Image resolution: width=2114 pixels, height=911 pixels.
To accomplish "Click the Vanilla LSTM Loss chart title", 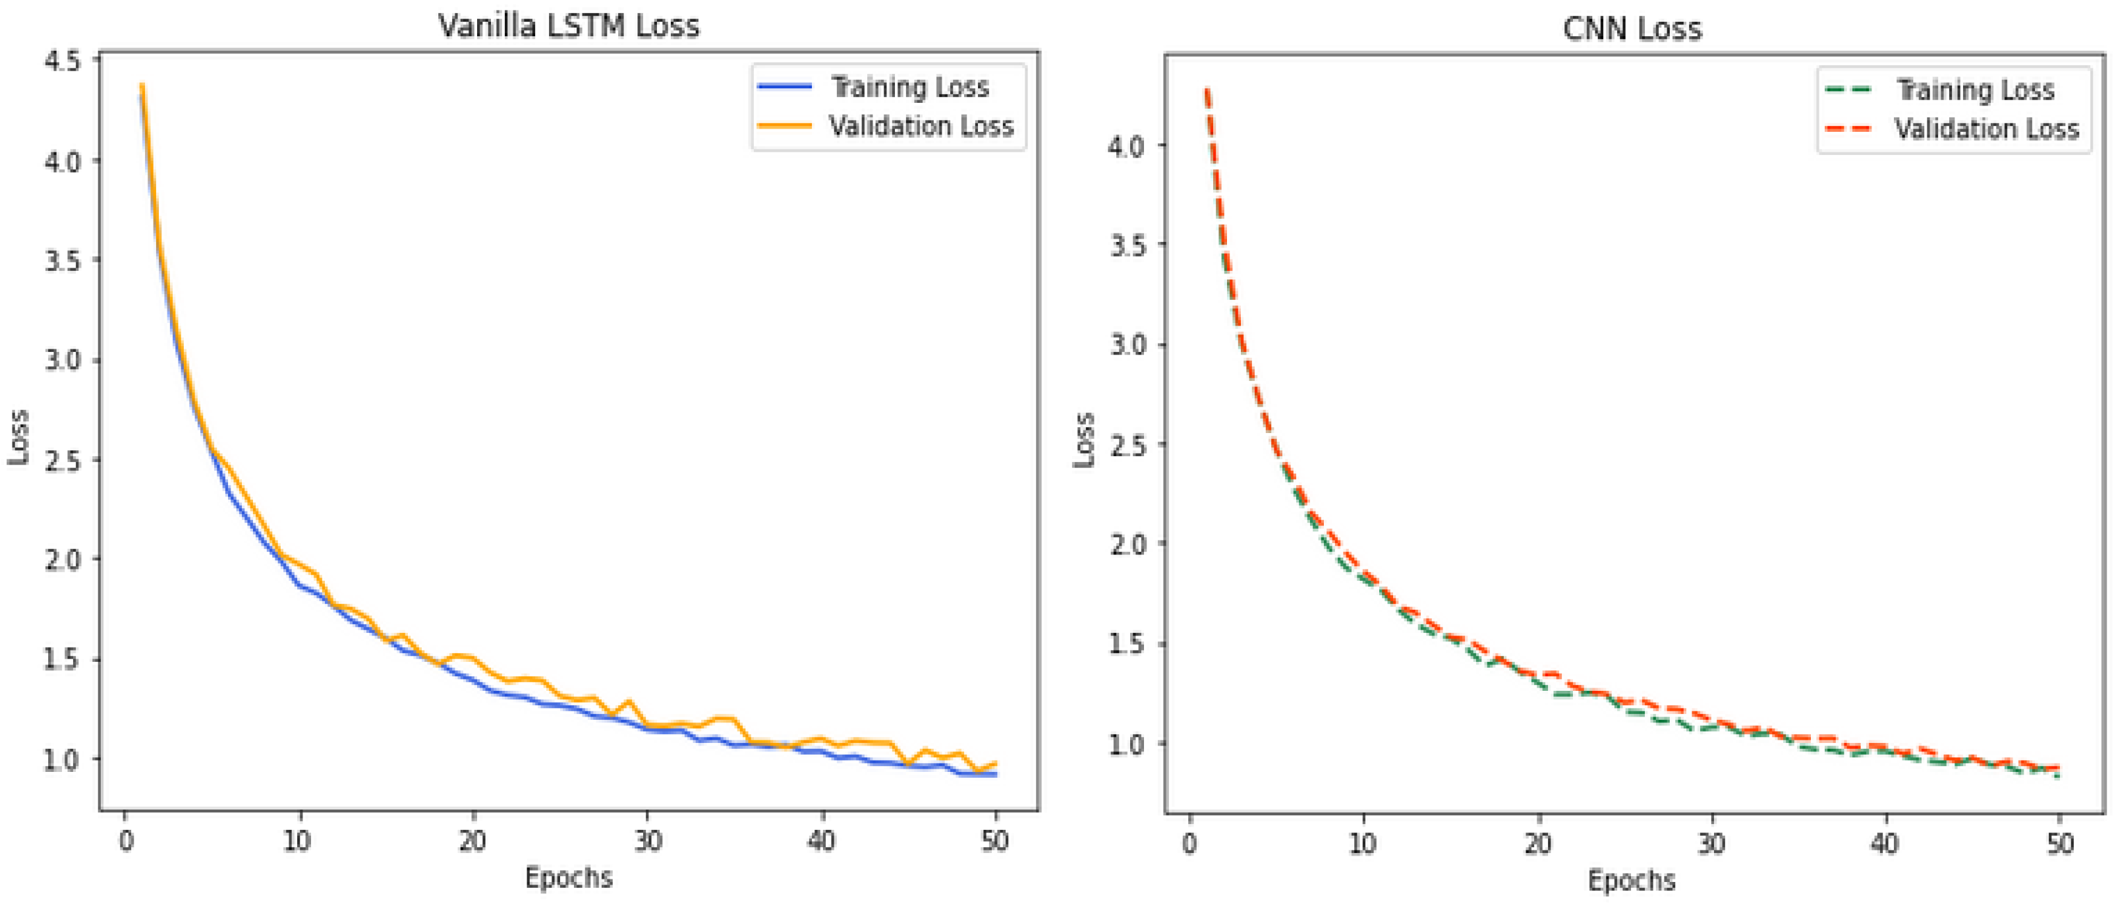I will click(569, 26).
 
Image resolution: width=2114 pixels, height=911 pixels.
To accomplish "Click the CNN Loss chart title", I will click(1632, 30).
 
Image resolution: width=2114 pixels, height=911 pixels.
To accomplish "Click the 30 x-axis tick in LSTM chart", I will click(648, 841).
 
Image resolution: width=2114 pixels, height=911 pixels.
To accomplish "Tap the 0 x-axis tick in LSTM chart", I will click(126, 841).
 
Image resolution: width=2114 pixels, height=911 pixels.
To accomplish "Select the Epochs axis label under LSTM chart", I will click(569, 877).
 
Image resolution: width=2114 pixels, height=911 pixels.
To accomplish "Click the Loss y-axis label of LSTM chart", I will click(18, 436).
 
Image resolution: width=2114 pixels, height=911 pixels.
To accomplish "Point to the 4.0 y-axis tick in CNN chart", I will click(1127, 147).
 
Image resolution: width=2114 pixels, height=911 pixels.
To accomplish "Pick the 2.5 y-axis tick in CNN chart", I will click(1127, 446).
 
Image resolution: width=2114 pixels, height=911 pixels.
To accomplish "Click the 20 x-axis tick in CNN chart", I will click(1538, 844).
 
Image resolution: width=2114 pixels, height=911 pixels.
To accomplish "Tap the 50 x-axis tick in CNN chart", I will click(2060, 844).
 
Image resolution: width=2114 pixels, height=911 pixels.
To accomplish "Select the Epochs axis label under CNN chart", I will click(1632, 881).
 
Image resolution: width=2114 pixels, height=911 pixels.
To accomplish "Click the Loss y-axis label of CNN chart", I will click(1084, 440).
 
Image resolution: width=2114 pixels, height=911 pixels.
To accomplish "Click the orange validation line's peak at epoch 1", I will click(142, 85).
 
